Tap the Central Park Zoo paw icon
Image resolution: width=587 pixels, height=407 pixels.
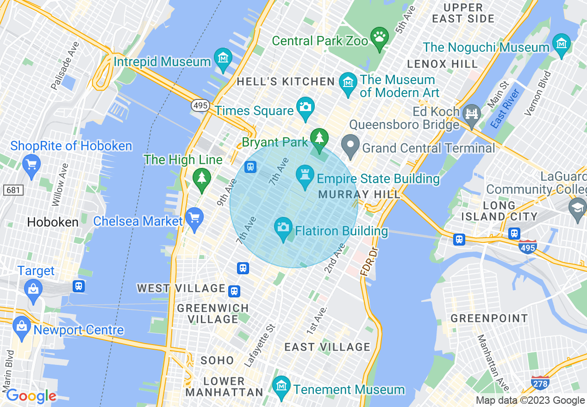pyautogui.click(x=380, y=38)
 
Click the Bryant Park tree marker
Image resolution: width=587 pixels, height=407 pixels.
pyautogui.click(x=319, y=138)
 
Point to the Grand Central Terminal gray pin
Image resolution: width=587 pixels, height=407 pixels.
pyautogui.click(x=350, y=145)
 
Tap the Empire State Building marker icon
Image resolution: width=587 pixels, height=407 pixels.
pyautogui.click(x=305, y=176)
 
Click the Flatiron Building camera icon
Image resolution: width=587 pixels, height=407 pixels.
pyautogui.click(x=283, y=228)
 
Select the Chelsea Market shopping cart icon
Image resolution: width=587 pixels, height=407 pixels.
pyautogui.click(x=194, y=218)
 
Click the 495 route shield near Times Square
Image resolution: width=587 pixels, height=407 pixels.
pyautogui.click(x=200, y=105)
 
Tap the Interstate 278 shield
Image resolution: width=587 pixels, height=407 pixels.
pyautogui.click(x=540, y=383)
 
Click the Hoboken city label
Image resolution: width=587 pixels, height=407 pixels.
pyautogui.click(x=53, y=222)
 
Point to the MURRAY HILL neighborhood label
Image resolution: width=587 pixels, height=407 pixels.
pyautogui.click(x=359, y=194)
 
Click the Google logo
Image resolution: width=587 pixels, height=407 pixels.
pyautogui.click(x=31, y=396)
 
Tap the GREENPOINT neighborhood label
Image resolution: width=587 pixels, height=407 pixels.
pyautogui.click(x=489, y=318)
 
